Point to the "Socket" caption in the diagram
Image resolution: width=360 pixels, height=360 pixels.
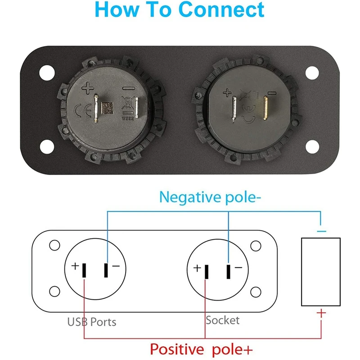(x=222, y=320)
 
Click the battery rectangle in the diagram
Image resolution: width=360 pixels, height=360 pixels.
(x=320, y=271)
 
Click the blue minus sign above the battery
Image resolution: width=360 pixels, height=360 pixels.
(x=321, y=230)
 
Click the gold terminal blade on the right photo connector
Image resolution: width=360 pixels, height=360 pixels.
(x=266, y=108)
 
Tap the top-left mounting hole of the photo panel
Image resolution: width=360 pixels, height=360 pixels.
(x=45, y=72)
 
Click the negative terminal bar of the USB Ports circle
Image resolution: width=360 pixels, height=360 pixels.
(x=106, y=271)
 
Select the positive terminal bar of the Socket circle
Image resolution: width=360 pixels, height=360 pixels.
(x=207, y=272)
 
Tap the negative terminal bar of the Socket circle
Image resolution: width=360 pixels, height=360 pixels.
(x=228, y=272)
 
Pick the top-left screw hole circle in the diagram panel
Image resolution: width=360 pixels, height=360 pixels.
(x=54, y=245)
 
